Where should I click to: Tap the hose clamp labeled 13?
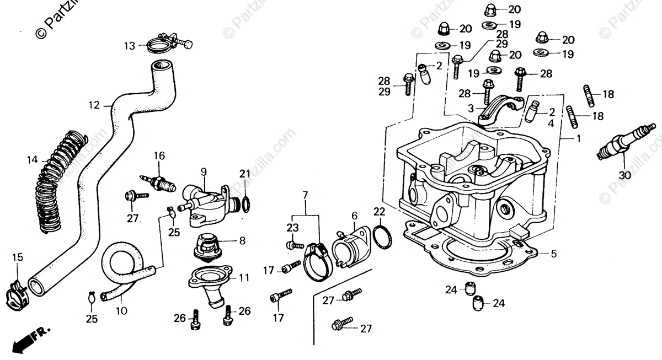tap(165, 44)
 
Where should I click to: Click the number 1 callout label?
tap(578, 139)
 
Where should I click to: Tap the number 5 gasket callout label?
tap(554, 254)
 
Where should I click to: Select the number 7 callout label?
tap(305, 195)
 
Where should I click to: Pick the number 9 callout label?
tap(204, 172)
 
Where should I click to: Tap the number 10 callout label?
tap(122, 311)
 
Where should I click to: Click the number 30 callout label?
tap(623, 175)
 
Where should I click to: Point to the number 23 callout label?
tap(292, 227)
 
